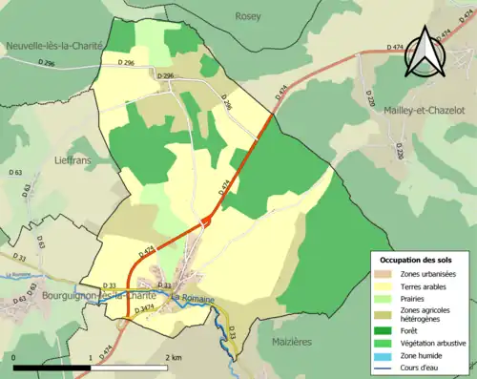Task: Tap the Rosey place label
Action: click(x=249, y=16)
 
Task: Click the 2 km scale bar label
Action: click(x=172, y=357)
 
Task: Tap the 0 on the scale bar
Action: click(x=14, y=357)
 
